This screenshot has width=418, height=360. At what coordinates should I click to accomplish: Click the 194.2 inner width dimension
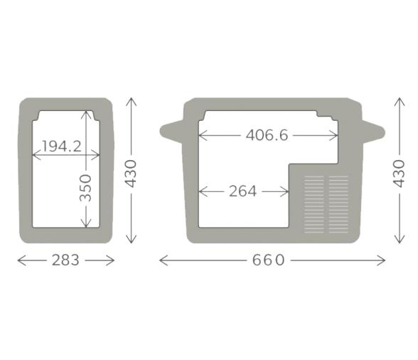coord(61,147)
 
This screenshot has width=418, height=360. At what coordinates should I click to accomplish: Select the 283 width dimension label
coord(65,260)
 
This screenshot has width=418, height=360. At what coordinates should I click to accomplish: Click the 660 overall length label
coord(269,260)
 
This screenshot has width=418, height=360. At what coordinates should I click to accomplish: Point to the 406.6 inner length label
coord(267,134)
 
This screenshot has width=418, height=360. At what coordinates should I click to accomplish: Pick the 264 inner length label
coord(242,191)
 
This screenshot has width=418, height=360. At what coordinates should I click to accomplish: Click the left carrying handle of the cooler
coord(171,129)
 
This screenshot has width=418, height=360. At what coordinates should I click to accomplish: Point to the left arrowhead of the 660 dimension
coord(162,260)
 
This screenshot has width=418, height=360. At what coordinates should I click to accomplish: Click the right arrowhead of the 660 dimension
coord(382,260)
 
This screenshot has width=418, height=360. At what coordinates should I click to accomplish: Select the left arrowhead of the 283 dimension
coord(20,260)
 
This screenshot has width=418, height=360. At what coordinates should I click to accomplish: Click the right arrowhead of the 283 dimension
coord(112,260)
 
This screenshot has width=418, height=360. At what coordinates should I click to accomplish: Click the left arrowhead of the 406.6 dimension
coord(202,134)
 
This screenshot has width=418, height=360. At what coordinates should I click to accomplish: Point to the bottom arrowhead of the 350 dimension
coord(86,225)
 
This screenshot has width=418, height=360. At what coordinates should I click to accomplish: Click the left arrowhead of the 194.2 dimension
coord(36,151)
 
